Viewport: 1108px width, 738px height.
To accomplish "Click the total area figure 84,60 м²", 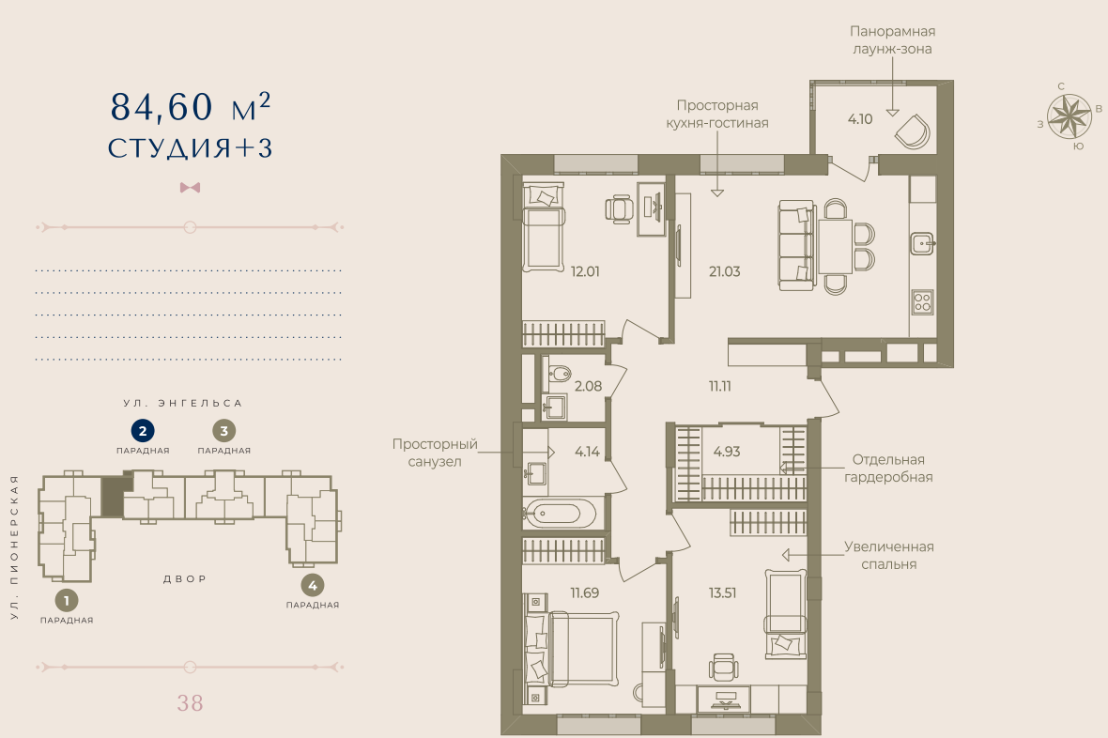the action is (x=190, y=107).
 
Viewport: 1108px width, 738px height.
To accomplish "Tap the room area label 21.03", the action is (x=724, y=271).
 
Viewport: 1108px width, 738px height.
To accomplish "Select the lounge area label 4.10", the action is (x=860, y=119).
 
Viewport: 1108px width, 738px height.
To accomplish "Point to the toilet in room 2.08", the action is (x=559, y=373).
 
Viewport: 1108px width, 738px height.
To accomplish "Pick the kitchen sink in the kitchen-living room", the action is (x=922, y=243).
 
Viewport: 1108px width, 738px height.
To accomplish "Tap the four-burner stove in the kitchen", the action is (x=922, y=301).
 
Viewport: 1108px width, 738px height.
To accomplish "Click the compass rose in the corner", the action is (x=1070, y=116).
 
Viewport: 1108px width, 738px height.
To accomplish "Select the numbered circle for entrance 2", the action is (x=143, y=430).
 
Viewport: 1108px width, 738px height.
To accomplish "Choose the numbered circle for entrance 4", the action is (x=313, y=585).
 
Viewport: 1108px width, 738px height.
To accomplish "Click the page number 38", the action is (x=190, y=702).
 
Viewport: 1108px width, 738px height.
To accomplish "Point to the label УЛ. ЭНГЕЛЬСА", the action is (x=183, y=403).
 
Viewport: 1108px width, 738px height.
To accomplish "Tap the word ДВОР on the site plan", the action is (x=185, y=579).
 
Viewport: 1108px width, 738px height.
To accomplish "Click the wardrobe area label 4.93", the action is (x=727, y=452).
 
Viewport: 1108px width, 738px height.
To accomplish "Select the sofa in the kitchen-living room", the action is (x=797, y=244).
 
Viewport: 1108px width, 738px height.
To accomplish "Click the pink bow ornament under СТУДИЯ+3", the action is (x=190, y=188).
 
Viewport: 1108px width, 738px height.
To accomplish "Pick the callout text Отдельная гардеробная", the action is (x=888, y=468).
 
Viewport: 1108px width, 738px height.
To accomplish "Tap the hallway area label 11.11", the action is (x=719, y=387).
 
